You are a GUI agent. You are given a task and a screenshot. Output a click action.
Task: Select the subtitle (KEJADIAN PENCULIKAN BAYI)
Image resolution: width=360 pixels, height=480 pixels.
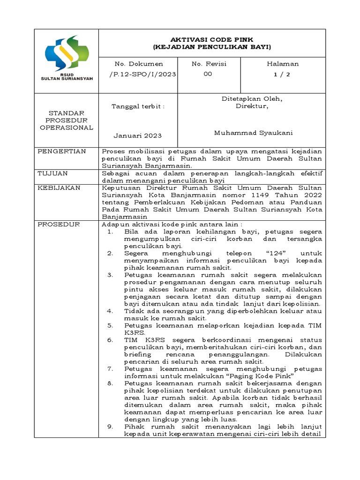[x=212, y=47]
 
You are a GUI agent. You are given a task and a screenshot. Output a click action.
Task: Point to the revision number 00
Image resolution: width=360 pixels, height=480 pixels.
[x=208, y=74]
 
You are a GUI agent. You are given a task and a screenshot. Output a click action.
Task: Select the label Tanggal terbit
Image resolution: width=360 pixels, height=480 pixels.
[x=138, y=106]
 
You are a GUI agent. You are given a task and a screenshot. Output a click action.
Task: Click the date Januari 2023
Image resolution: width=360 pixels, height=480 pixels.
[x=137, y=135]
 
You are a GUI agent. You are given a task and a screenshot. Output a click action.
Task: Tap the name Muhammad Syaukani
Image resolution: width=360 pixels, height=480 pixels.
[x=253, y=133]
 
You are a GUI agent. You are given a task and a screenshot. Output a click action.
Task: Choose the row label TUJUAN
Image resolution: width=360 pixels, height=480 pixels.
[x=52, y=173]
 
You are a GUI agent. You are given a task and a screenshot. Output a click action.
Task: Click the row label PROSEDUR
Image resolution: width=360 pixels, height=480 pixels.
[x=59, y=225]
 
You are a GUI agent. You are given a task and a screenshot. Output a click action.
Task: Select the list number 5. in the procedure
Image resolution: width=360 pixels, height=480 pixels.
[x=110, y=325]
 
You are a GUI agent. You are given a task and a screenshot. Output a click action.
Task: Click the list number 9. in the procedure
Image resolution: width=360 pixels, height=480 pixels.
[x=110, y=427]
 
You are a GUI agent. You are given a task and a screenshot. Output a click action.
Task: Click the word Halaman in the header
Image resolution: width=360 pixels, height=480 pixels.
[x=283, y=64]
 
